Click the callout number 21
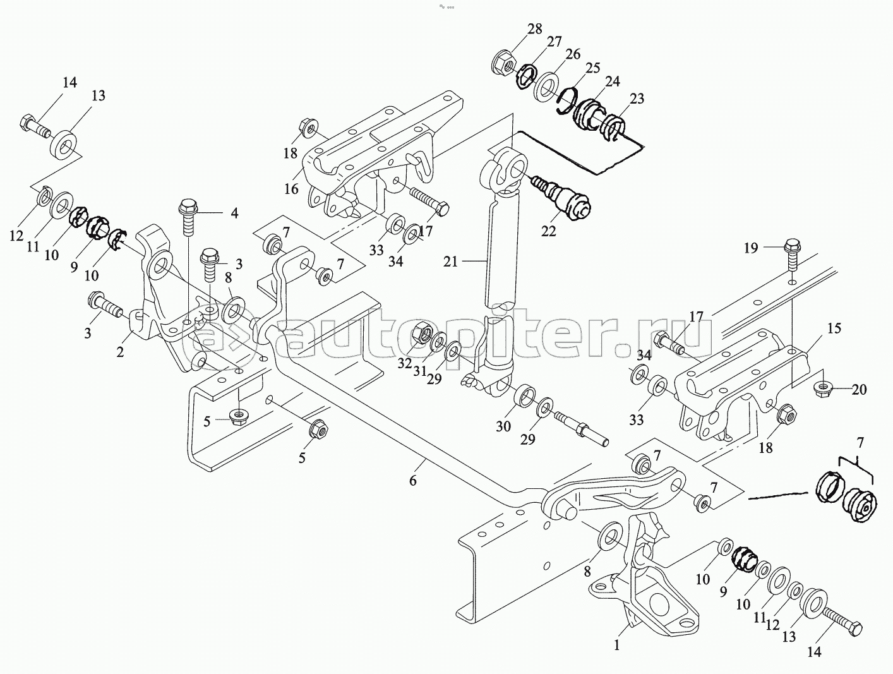coord(450,262)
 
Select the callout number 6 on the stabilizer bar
coord(413,481)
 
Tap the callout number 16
coord(291,189)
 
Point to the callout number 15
coord(834,328)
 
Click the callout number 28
coord(535,29)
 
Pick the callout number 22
coord(548,231)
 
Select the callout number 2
coord(119,352)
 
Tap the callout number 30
coord(503,426)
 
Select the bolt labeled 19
coord(792,254)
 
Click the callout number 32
coord(404,363)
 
